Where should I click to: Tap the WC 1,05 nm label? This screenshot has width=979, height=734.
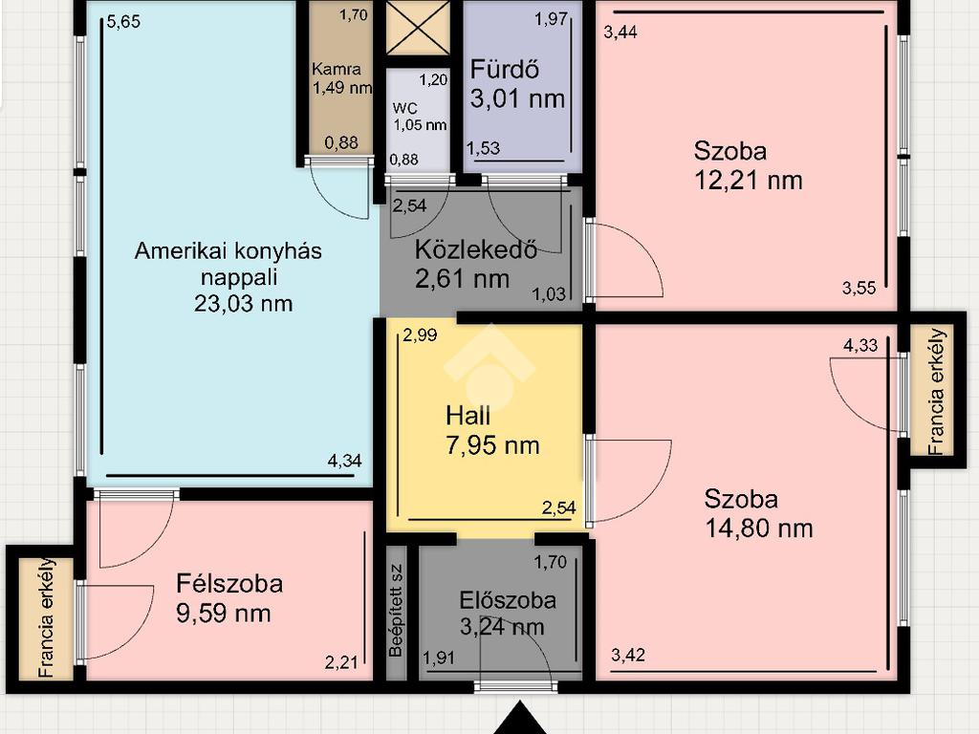coord(419,117)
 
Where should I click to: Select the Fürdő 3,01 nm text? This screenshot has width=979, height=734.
coord(517,84)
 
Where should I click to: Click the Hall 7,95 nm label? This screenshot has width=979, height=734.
coord(492,431)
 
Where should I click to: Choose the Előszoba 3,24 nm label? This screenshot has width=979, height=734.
coord(508,613)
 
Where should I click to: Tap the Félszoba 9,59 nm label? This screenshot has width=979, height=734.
coord(229,598)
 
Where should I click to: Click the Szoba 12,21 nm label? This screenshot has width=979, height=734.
coord(748,165)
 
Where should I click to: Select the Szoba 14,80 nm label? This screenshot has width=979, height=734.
coord(758,513)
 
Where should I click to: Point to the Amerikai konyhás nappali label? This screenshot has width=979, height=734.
coord(228,277)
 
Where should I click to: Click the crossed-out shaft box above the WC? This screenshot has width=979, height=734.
coord(418,27)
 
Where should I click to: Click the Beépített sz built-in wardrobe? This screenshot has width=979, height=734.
coord(396,613)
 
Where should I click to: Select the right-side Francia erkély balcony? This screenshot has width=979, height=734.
coord(936,391)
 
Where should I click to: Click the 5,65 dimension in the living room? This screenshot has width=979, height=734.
coord(123,22)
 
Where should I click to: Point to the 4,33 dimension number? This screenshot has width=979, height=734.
coord(860,345)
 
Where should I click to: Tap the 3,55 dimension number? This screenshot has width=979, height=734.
coord(859,288)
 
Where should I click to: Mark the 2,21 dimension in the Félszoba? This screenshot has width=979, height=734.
coord(341,662)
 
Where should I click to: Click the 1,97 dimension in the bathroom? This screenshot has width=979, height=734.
coord(552,19)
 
